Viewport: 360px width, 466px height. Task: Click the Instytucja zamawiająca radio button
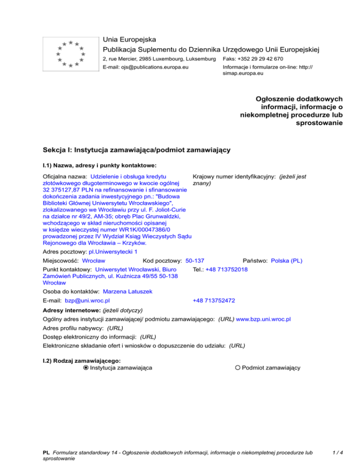86,368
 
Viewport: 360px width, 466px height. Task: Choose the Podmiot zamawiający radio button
238,368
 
